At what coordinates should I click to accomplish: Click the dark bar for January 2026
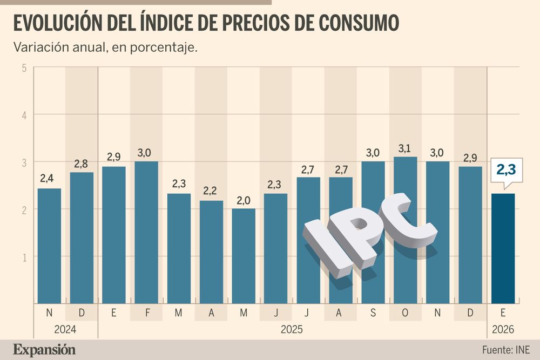coord(503,248)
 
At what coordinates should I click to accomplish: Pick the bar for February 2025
coord(146,232)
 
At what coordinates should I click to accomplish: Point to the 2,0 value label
coord(244,200)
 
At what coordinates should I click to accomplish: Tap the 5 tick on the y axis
coord(25,68)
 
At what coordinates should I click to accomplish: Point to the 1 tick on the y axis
coord(25,257)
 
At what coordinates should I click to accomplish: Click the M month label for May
coord(244,313)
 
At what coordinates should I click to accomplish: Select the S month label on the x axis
coord(373,313)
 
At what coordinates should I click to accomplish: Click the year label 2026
coord(503,329)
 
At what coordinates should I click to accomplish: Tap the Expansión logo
coord(45,349)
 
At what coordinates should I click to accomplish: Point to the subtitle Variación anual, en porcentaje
coord(105,47)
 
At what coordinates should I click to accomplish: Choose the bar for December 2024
coord(82,237)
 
